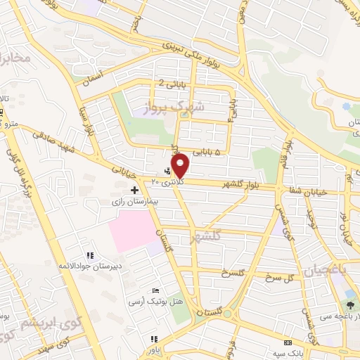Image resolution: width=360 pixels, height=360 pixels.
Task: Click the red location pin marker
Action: click(x=181, y=165)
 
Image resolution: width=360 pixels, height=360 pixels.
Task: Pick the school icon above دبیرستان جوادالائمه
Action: click(x=90, y=255)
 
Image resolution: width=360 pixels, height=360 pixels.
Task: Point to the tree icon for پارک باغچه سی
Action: click(x=351, y=304)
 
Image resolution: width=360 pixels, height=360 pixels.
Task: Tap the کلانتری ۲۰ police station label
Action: click(x=163, y=181)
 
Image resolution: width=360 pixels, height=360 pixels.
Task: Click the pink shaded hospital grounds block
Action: click(x=132, y=230)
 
